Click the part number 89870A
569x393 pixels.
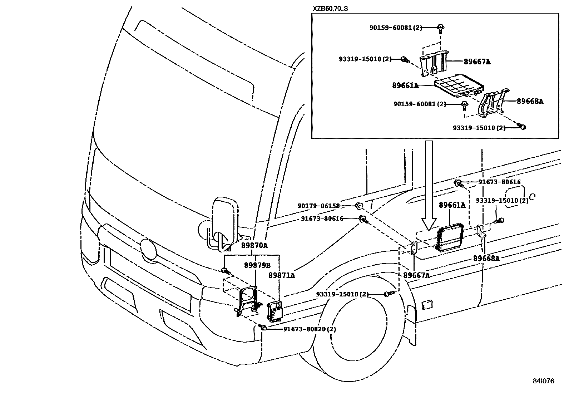pyautogui.click(x=254, y=246)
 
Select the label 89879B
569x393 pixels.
pyautogui.click(x=257, y=265)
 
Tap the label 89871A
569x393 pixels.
pyautogui.click(x=282, y=275)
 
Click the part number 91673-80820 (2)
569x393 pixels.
pyautogui.click(x=310, y=329)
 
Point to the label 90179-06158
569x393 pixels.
pyautogui.click(x=318, y=206)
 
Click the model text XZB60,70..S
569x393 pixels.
pyautogui.click(x=330, y=8)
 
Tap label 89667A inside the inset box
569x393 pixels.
pyautogui.click(x=477, y=62)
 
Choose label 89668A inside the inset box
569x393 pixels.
pyautogui.click(x=530, y=101)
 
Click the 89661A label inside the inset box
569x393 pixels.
pyautogui.click(x=405, y=85)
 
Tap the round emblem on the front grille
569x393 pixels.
pyautogui.click(x=148, y=249)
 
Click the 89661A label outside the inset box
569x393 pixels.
pyautogui.click(x=452, y=205)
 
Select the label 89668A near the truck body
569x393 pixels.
pyautogui.click(x=486, y=258)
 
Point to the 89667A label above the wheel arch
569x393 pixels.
pyautogui.click(x=416, y=275)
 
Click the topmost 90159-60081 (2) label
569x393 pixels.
pyautogui.click(x=396, y=28)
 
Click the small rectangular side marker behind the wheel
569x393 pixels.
pyautogui.click(x=427, y=304)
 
